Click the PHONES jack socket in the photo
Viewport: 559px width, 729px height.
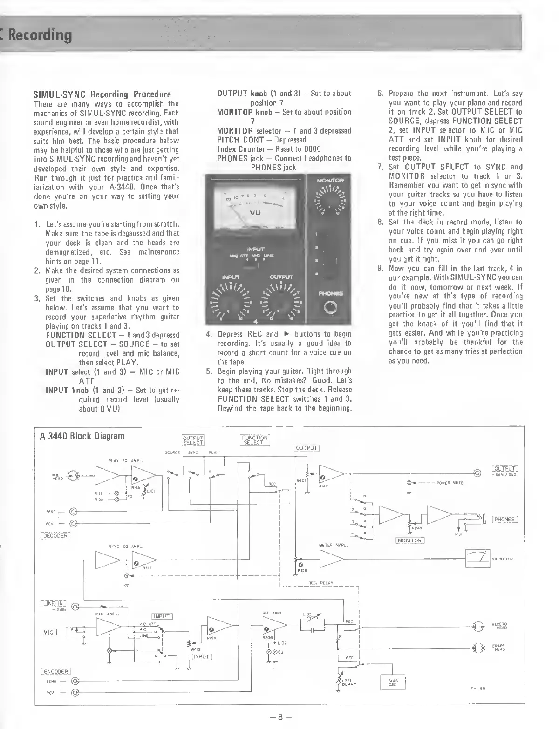pyautogui.click(x=330, y=308)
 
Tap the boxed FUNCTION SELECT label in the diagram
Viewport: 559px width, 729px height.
pyautogui.click(x=255, y=440)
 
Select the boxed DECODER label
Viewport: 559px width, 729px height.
pyautogui.click(x=55, y=536)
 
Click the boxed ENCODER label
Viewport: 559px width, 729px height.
pyautogui.click(x=55, y=671)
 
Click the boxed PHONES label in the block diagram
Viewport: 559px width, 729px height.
pyautogui.click(x=504, y=520)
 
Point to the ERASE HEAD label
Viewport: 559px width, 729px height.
pyautogui.click(x=499, y=648)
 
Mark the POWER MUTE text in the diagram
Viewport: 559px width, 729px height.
pyautogui.click(x=450, y=483)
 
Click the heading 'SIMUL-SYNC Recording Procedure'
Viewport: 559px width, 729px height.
pyautogui.click(x=102, y=94)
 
